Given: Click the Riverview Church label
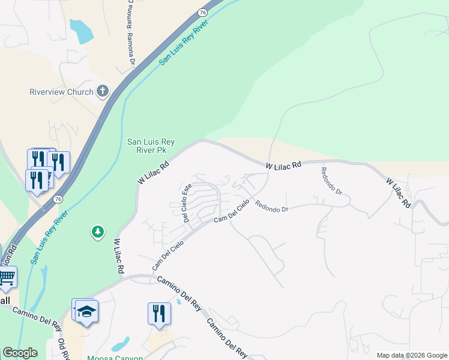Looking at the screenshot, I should (x=62, y=92).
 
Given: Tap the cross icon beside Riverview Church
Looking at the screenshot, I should (x=103, y=92).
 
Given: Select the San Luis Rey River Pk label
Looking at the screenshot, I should (x=151, y=146).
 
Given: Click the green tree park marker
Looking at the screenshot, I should (x=97, y=232).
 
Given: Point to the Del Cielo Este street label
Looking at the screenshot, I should (x=187, y=203).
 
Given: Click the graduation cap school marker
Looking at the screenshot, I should (x=86, y=312).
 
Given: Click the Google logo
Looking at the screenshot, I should (x=20, y=353).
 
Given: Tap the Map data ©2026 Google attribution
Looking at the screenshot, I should (x=411, y=355).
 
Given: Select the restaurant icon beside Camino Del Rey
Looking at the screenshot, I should (x=159, y=313).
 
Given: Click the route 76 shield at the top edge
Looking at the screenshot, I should (x=203, y=12).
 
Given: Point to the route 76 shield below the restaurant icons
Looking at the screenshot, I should (x=58, y=199).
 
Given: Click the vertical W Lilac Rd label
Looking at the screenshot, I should (x=117, y=257).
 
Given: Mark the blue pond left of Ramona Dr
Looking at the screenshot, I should (x=81, y=31).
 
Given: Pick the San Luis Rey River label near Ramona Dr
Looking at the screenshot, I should (x=187, y=46).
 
